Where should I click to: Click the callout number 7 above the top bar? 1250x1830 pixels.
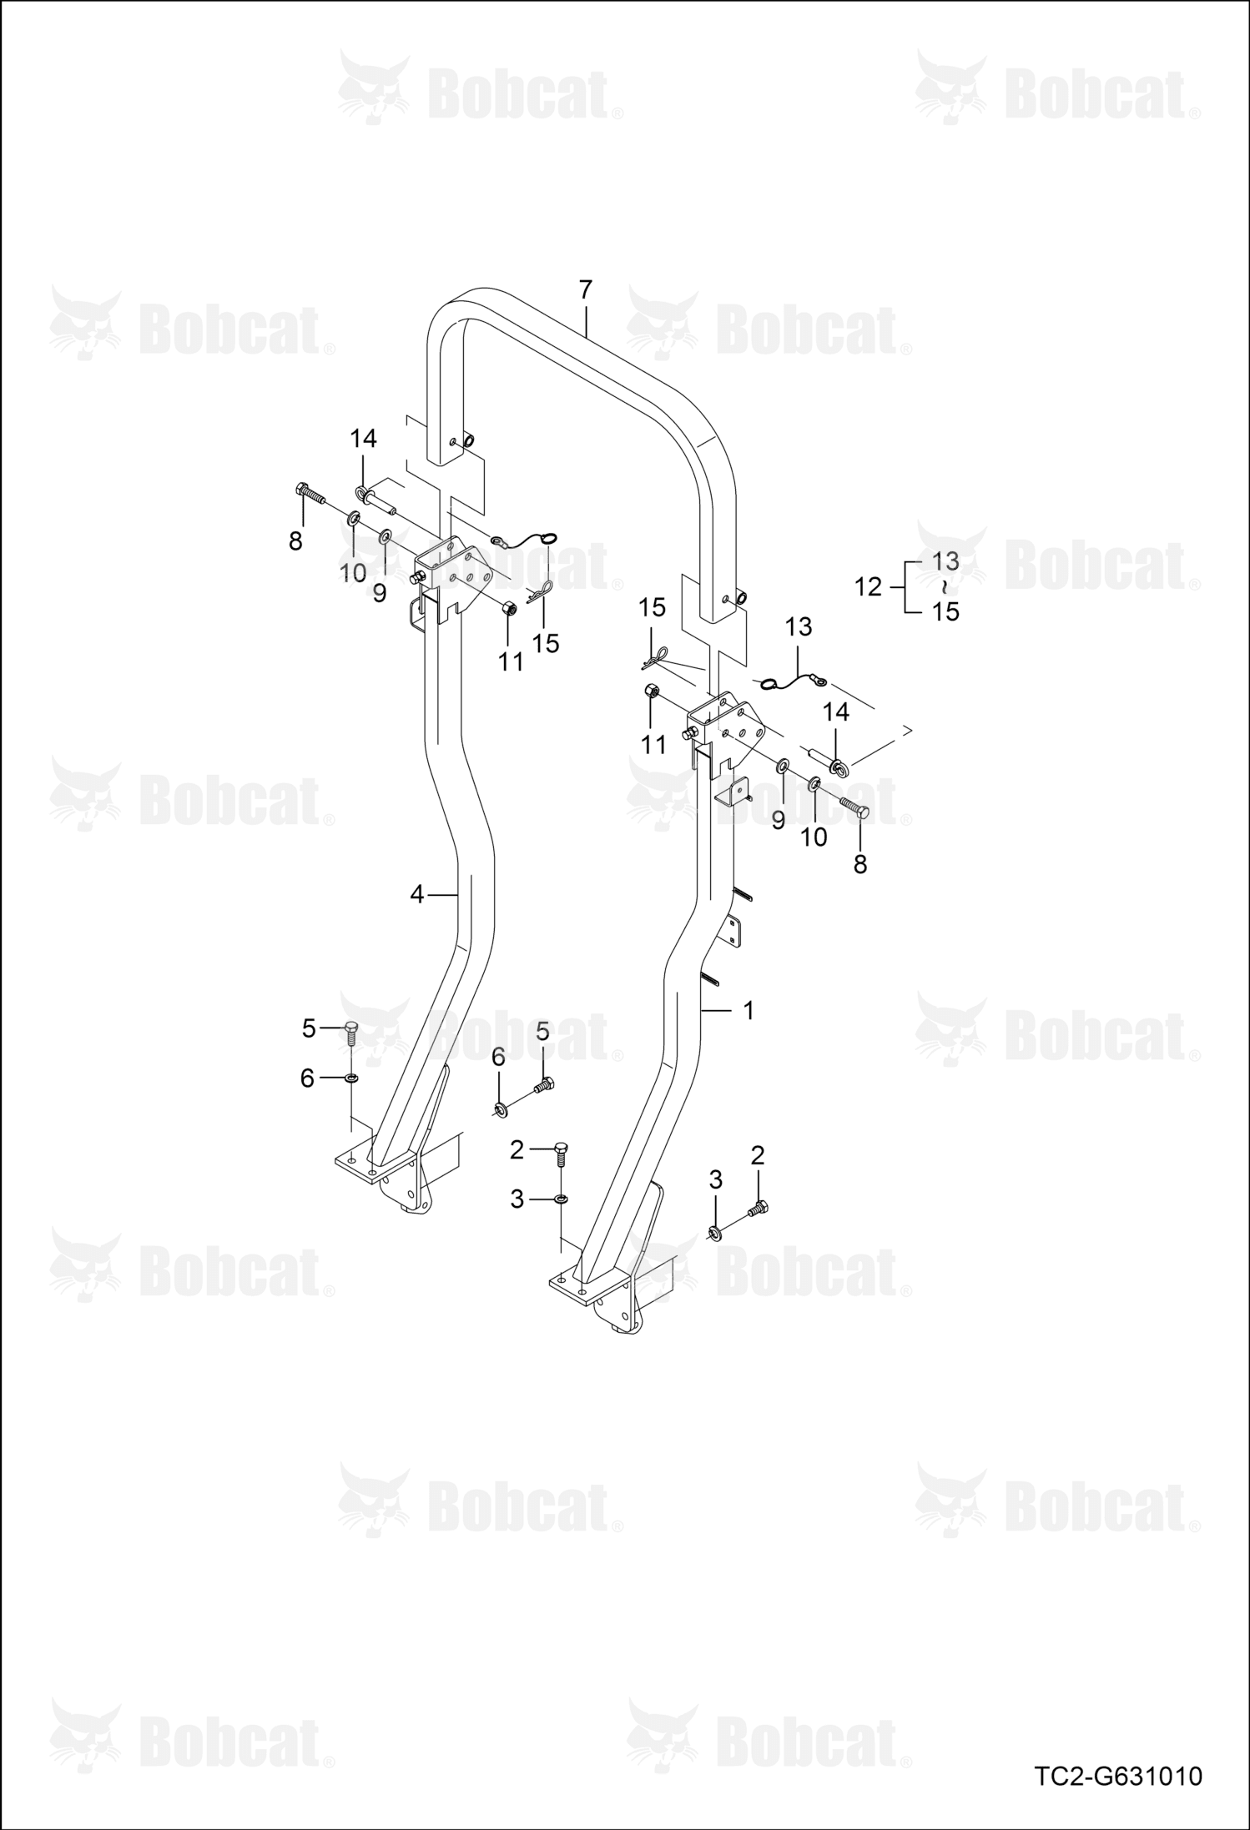[x=585, y=290]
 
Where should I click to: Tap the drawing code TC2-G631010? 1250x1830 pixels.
[x=1118, y=1777]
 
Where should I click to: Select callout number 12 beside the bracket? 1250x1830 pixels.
[x=868, y=587]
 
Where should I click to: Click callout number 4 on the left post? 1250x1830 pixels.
[x=417, y=895]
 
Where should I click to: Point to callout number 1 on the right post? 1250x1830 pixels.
[x=748, y=1011]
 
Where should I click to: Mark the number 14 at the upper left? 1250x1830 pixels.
[x=363, y=439]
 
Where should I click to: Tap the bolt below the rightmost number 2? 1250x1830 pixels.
[x=759, y=1207]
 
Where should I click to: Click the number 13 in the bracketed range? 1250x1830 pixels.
[x=945, y=561]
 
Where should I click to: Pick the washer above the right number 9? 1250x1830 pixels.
[x=784, y=765]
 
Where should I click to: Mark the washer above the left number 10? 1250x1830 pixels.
[x=353, y=520]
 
